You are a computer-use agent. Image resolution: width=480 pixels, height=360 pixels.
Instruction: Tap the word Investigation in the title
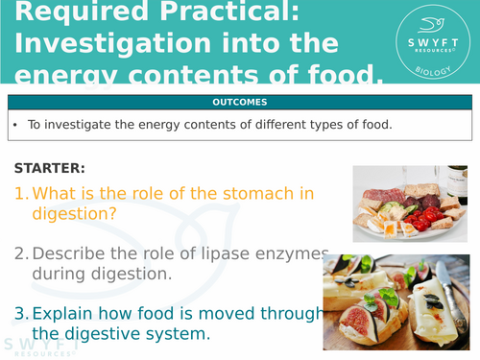pyautogui.click(x=118, y=44)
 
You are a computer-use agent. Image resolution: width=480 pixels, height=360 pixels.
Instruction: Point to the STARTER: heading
pyautogui.click(x=49, y=169)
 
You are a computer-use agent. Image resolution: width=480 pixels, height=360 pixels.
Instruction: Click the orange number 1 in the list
pyautogui.click(x=20, y=193)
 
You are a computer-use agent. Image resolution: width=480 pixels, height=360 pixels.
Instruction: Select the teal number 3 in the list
pyautogui.click(x=20, y=312)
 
